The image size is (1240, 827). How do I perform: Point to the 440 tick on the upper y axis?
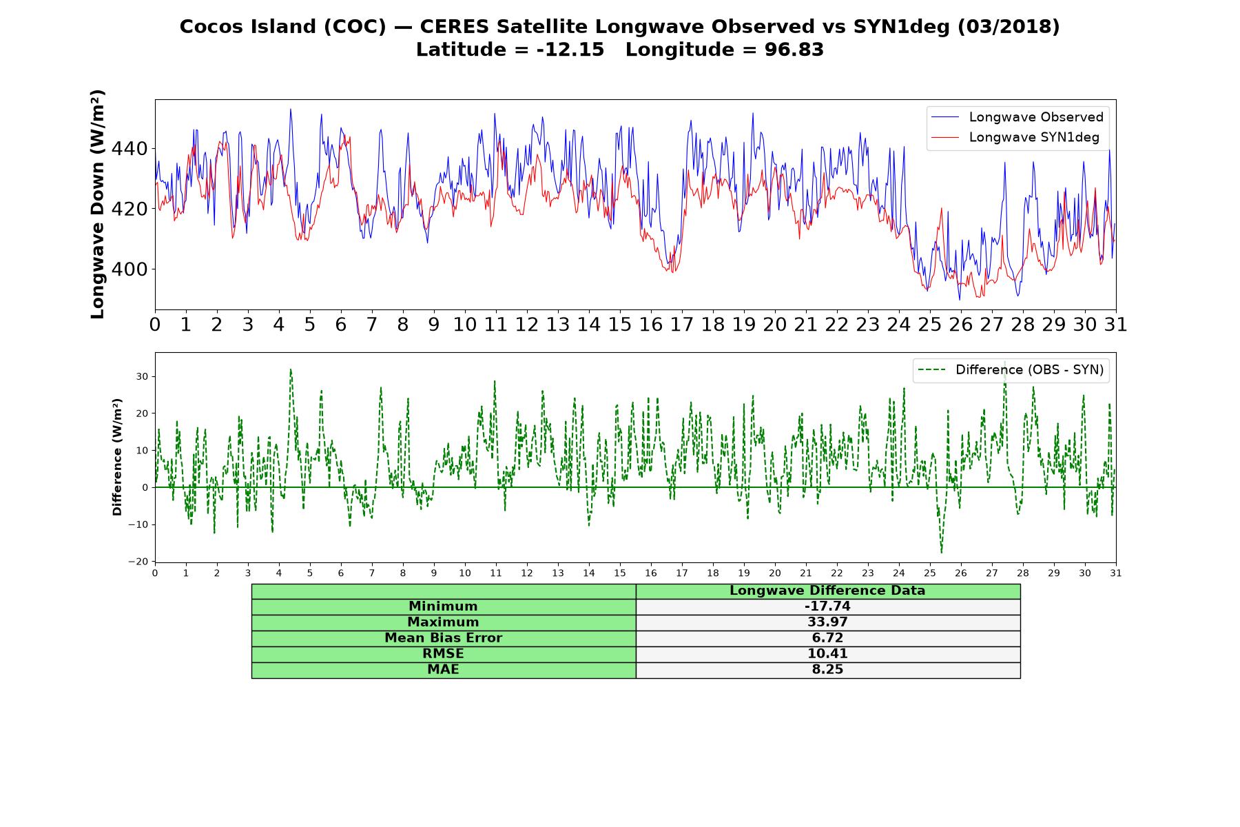130,149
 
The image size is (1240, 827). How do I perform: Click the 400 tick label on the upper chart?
130,269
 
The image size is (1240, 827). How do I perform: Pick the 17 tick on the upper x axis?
682,324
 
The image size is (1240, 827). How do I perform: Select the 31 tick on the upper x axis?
1116,324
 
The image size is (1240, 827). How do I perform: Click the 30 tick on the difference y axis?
142,376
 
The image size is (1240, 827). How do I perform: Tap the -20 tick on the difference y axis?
138,562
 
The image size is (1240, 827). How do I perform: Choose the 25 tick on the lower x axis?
930,573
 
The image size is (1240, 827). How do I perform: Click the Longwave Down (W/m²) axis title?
98,204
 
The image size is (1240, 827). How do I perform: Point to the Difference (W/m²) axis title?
117,457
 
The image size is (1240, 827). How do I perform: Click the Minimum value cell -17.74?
827,606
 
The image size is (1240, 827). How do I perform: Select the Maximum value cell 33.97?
827,622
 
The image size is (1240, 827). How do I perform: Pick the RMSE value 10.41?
827,654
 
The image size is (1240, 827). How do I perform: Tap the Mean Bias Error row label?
444,638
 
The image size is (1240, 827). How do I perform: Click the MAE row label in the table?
444,670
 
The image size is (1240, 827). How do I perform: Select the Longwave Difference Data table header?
827,591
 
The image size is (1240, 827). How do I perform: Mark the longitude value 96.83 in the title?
794,50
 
